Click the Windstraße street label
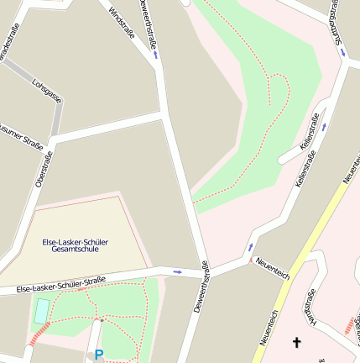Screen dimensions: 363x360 [x=122, y=28]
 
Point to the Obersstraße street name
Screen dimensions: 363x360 [x=44, y=168]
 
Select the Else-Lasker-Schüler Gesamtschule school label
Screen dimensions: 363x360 [x=81, y=245]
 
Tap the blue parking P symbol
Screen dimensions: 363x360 [x=99, y=355]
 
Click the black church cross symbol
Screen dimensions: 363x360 [x=295, y=342]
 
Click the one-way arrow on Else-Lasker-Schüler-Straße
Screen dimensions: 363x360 [x=177, y=271]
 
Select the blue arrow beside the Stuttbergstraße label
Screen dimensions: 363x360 [x=342, y=51]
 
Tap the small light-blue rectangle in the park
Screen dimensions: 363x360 [x=41, y=311]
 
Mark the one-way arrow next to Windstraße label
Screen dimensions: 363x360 [x=156, y=54]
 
